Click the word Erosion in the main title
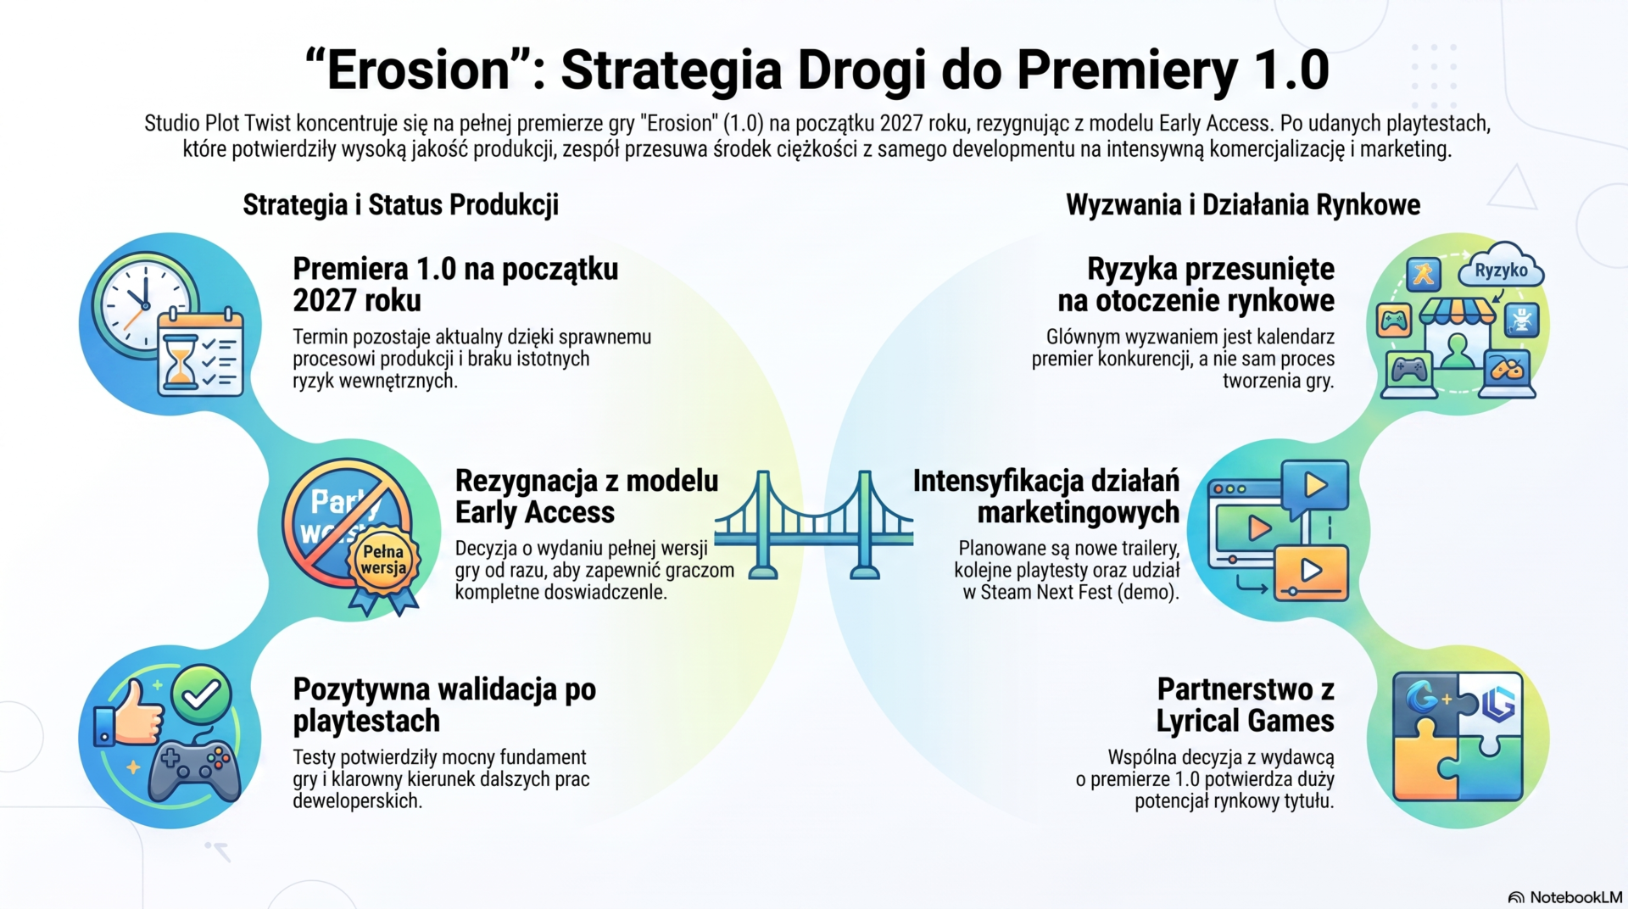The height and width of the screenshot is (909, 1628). click(x=418, y=70)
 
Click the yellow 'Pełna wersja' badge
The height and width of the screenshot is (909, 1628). click(x=383, y=560)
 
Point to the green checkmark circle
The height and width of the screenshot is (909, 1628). click(x=201, y=694)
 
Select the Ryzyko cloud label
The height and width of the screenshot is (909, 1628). click(x=1501, y=267)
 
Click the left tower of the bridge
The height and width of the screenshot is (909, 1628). click(x=763, y=525)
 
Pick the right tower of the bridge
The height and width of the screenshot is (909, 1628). click(x=865, y=525)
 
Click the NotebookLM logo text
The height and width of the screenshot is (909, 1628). click(x=1575, y=897)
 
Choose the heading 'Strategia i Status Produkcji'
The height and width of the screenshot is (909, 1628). click(x=400, y=205)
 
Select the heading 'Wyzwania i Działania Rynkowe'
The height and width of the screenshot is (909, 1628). click(x=1242, y=205)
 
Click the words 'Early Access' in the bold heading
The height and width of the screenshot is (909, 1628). click(x=534, y=512)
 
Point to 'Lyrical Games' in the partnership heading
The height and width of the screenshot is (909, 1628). click(x=1245, y=721)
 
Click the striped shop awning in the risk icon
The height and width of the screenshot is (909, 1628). click(x=1457, y=310)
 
